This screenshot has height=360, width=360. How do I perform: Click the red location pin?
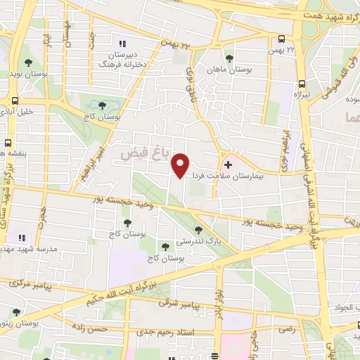pos(181,165)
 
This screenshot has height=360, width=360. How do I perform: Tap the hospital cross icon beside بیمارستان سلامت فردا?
pos(227,164)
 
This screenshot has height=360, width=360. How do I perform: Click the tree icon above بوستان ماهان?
pos(229,59)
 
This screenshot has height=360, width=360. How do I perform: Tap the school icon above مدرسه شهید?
pos(22,238)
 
